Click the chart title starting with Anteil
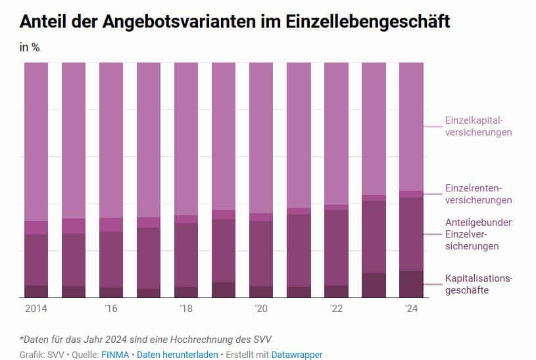[235, 21]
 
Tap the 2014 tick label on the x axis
[36, 309]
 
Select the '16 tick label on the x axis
[111, 309]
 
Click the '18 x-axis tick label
[186, 309]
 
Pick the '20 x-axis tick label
[261, 309]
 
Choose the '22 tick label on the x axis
[336, 309]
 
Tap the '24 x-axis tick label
[411, 309]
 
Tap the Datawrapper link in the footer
[297, 355]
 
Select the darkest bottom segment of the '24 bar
[412, 284]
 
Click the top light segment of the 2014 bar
[36, 141]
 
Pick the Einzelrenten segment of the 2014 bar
[36, 228]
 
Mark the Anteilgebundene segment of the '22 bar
[336, 247]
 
